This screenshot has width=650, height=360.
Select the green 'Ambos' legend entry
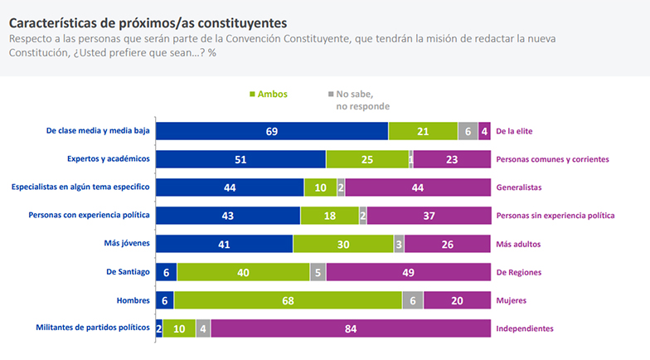[267, 95]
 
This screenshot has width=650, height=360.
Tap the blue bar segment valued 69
[272, 131]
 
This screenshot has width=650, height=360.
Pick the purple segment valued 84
[351, 328]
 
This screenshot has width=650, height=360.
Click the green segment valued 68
[288, 300]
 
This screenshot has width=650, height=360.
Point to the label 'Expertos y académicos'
[108, 159]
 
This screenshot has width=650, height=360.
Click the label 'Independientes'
[524, 328]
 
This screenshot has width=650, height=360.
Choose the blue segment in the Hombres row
[165, 300]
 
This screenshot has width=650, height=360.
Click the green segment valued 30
[343, 244]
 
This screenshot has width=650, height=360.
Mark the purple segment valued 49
[409, 272]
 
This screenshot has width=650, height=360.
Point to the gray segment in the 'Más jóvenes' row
[399, 244]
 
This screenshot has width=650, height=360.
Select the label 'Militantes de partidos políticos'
[94, 328]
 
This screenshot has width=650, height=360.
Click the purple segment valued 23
[452, 159]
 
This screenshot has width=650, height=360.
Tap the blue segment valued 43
[228, 216]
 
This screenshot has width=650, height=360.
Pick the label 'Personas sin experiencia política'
[555, 216]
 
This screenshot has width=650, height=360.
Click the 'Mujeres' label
[512, 300]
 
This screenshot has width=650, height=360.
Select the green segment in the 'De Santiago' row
[243, 272]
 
